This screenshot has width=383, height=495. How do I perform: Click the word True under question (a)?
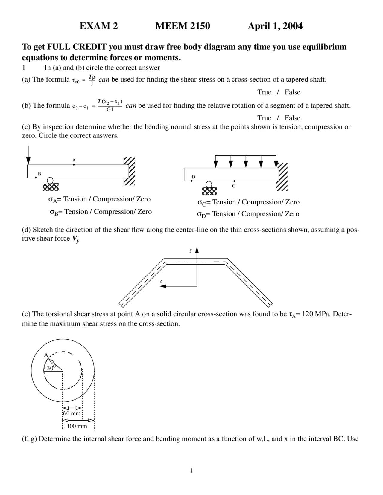(264, 92)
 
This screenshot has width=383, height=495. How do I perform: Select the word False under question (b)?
(292, 118)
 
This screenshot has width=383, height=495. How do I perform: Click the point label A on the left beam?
(74, 160)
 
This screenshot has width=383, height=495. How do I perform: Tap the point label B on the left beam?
(39, 174)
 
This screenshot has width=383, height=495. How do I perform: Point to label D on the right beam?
(193, 177)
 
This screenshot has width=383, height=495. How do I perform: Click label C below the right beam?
(234, 186)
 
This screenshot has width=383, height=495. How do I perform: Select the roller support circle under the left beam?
(50, 180)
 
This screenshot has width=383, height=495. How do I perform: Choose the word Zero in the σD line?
(292, 214)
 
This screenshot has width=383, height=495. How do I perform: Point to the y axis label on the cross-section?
(191, 250)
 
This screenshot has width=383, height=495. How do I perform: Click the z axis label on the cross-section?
(161, 281)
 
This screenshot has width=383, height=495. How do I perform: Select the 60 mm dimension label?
(72, 413)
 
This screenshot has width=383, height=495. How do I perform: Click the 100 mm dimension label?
(77, 426)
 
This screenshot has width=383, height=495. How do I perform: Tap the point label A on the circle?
(46, 355)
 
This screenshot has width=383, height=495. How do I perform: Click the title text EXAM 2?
(99, 26)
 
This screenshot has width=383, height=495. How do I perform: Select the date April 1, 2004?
(275, 26)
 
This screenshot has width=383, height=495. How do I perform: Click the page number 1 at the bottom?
(191, 471)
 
